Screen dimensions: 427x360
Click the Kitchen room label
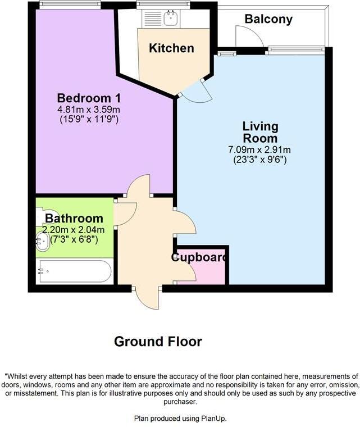tap(171, 48)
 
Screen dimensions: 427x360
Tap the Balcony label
tap(268, 19)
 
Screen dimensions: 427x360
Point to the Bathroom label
tap(74, 219)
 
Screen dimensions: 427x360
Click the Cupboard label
tap(199, 258)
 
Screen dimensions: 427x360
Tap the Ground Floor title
tap(158, 341)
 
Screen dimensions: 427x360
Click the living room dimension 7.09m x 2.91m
tap(259, 150)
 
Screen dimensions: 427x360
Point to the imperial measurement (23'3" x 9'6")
tap(259, 160)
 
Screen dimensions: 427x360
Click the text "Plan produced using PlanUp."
tap(180, 418)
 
